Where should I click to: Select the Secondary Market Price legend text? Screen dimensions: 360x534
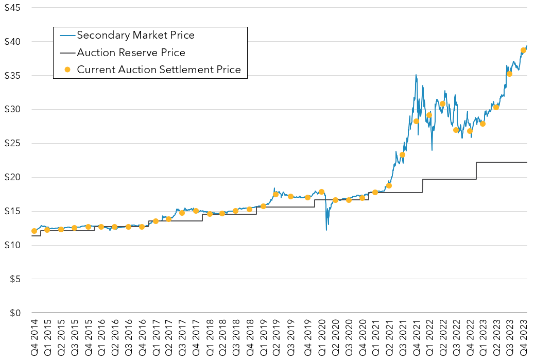pyautogui.click(x=135, y=36)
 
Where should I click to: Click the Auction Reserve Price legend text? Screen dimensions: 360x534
pyautogui.click(x=131, y=53)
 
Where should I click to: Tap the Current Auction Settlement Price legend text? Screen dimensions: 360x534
pyautogui.click(x=159, y=70)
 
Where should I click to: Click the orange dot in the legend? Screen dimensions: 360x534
pyautogui.click(x=66, y=70)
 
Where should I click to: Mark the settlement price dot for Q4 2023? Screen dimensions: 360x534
pyautogui.click(x=523, y=50)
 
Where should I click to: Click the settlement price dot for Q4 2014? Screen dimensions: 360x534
pyautogui.click(x=34, y=231)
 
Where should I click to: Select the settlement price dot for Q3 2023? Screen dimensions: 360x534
pyautogui.click(x=509, y=74)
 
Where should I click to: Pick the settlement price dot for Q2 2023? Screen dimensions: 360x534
pyautogui.click(x=496, y=107)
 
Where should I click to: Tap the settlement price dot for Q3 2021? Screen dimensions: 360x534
pyautogui.click(x=402, y=155)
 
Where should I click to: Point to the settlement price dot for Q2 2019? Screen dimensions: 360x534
pyautogui.click(x=275, y=194)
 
